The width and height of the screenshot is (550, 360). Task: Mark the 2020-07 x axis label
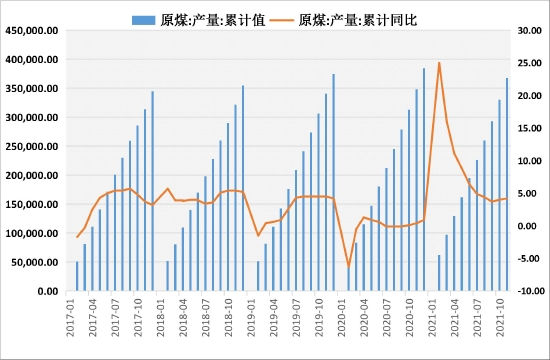[x=387, y=320]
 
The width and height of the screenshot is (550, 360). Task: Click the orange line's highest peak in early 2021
[x=439, y=63]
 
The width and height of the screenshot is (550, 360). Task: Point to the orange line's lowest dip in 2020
[x=348, y=267]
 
